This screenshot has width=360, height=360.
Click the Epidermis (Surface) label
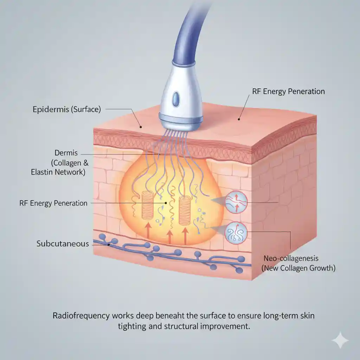(66, 110)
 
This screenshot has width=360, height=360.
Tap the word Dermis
(66, 153)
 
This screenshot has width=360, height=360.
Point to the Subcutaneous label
(63, 244)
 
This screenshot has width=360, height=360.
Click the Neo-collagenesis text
(291, 258)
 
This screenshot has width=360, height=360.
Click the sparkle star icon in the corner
(340, 340)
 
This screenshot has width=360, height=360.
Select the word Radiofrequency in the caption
(81, 316)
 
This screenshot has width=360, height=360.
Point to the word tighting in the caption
(132, 326)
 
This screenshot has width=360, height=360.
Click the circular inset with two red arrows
(236, 202)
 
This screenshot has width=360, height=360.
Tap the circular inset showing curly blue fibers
(236, 233)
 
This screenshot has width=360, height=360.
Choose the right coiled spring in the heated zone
(185, 210)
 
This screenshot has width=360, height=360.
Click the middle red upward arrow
(170, 237)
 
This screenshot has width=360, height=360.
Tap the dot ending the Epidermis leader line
(141, 127)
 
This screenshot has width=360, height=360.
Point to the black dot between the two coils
(166, 203)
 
